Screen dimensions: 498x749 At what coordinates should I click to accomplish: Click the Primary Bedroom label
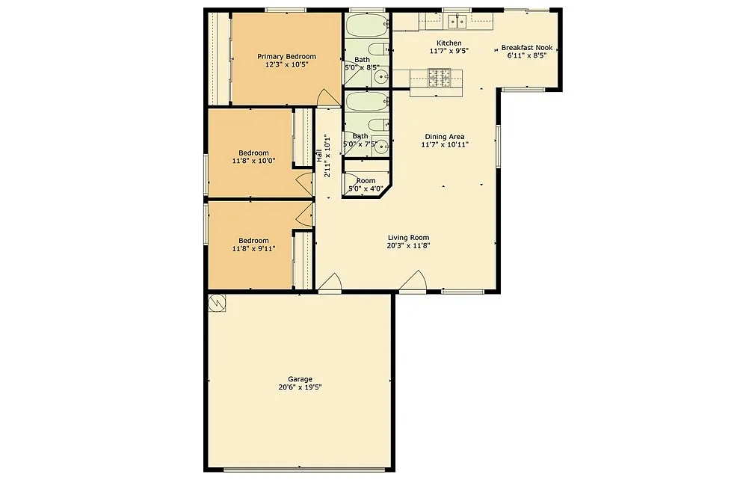tap(286, 57)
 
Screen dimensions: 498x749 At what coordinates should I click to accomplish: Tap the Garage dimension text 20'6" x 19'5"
tap(299, 387)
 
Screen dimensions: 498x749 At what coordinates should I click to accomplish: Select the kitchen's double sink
tap(454, 20)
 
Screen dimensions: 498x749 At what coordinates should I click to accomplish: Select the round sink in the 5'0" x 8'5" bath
tap(382, 76)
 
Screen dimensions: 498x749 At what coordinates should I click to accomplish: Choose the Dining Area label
tap(445, 137)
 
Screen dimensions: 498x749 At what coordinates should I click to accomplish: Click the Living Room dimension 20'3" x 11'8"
tap(408, 245)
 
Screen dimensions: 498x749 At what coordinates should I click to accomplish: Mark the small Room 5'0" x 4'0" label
tap(366, 181)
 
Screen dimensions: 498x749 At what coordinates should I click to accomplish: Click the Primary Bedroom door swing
tap(327, 98)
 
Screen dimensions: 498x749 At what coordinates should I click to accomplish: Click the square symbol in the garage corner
tap(217, 303)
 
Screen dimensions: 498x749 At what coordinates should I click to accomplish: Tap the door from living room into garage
tap(330, 285)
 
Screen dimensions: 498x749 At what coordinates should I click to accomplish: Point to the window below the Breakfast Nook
tap(523, 89)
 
